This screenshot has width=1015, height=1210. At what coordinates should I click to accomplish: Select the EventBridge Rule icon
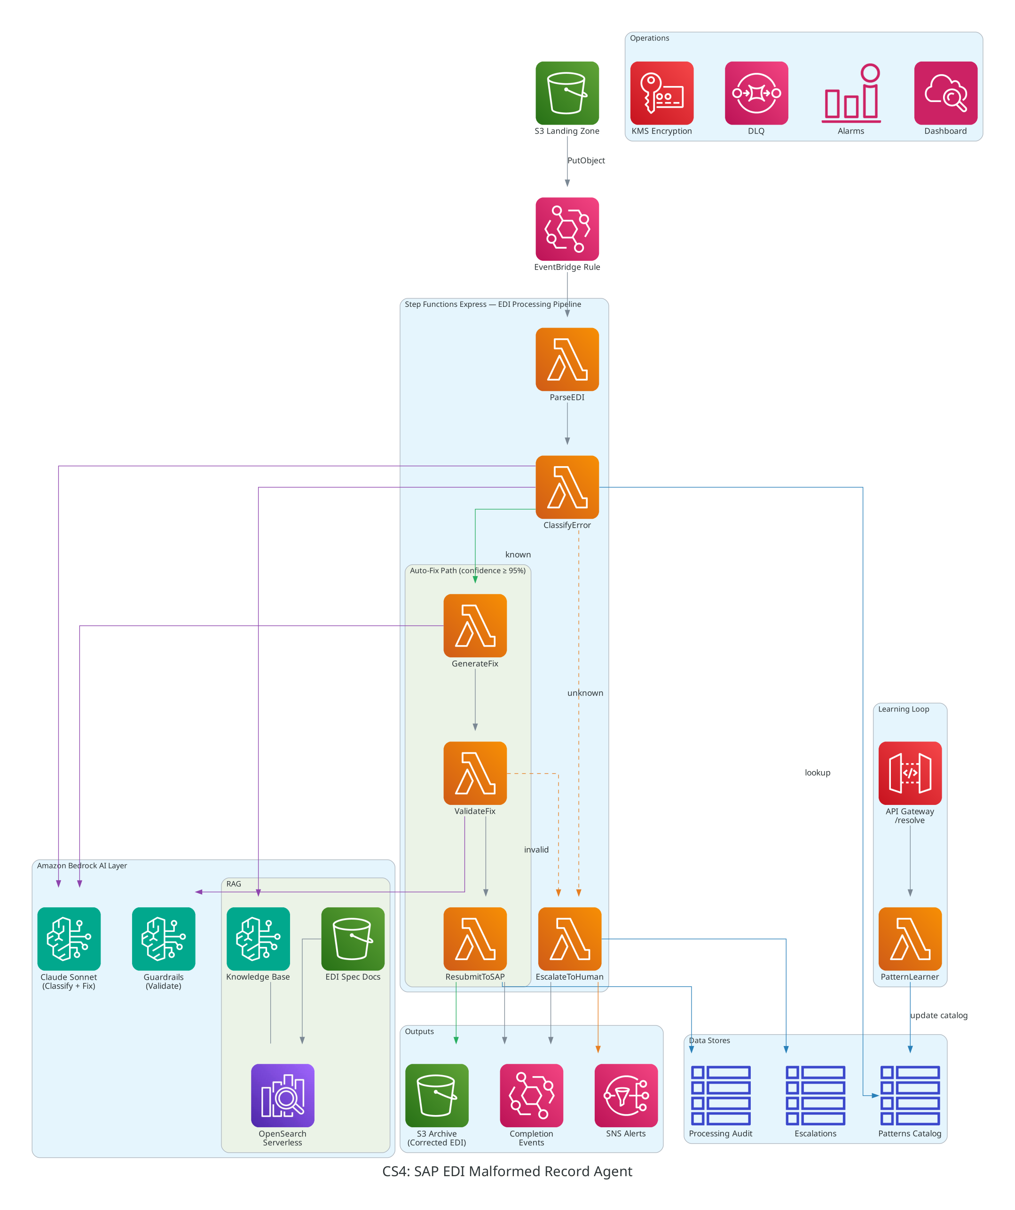pos(567,229)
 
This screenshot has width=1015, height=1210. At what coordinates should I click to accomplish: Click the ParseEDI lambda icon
pos(567,359)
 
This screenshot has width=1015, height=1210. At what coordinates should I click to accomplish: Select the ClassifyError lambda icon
pos(567,487)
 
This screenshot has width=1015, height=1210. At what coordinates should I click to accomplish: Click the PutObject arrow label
pos(586,160)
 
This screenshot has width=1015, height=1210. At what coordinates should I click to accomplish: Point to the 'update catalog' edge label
pos(938,1015)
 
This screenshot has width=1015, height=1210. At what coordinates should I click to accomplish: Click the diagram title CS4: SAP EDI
pos(507,1171)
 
